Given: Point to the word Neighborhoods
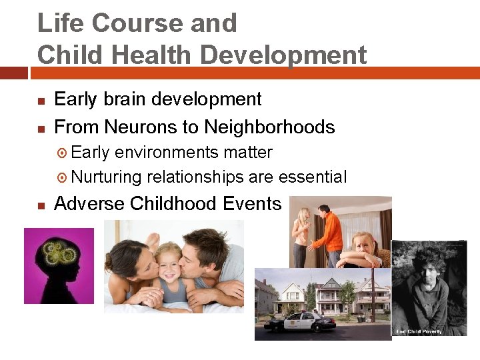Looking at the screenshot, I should [x=269, y=126].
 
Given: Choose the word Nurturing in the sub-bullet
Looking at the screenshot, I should [x=106, y=177].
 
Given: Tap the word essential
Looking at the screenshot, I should [x=313, y=177].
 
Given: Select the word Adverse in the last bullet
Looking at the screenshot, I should [x=89, y=203].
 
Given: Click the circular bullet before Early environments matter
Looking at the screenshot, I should [x=63, y=153].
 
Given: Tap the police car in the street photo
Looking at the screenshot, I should [x=300, y=323].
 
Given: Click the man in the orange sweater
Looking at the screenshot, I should [x=329, y=233].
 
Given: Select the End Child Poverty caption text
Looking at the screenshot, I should [x=419, y=331].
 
